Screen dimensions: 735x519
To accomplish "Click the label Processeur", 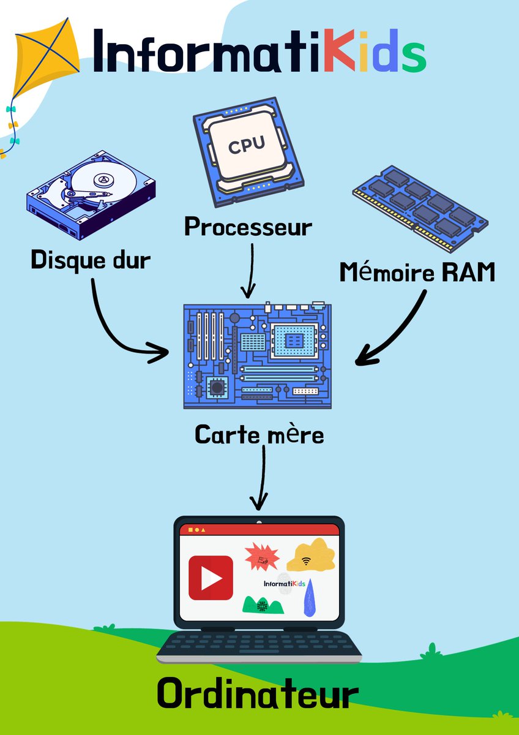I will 248,227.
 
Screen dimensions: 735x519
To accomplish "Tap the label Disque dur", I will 91,260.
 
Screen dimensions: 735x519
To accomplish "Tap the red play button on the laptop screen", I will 211,578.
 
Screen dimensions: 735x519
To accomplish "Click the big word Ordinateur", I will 257,695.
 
